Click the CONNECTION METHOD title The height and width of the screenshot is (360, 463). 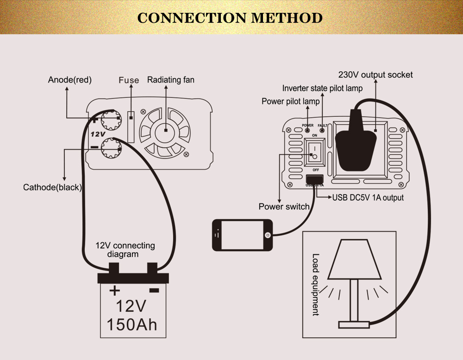(x=230, y=18)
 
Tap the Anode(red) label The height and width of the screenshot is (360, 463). (x=70, y=80)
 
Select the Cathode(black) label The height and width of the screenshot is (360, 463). (x=52, y=188)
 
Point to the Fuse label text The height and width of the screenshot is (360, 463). (x=129, y=80)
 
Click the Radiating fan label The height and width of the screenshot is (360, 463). (x=171, y=80)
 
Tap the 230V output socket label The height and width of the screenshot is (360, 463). (x=375, y=75)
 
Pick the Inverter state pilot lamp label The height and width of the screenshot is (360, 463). (x=322, y=88)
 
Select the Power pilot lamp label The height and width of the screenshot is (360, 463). (x=290, y=101)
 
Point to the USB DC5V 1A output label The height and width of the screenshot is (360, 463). (x=368, y=198)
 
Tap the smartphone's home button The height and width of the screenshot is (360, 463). (x=267, y=235)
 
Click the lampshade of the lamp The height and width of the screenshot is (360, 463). (x=355, y=259)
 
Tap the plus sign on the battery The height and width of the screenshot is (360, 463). (x=114, y=291)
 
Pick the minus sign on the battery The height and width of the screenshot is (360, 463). (x=154, y=291)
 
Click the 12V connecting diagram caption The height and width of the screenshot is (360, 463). (x=125, y=250)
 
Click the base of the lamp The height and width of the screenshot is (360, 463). (x=354, y=324)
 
